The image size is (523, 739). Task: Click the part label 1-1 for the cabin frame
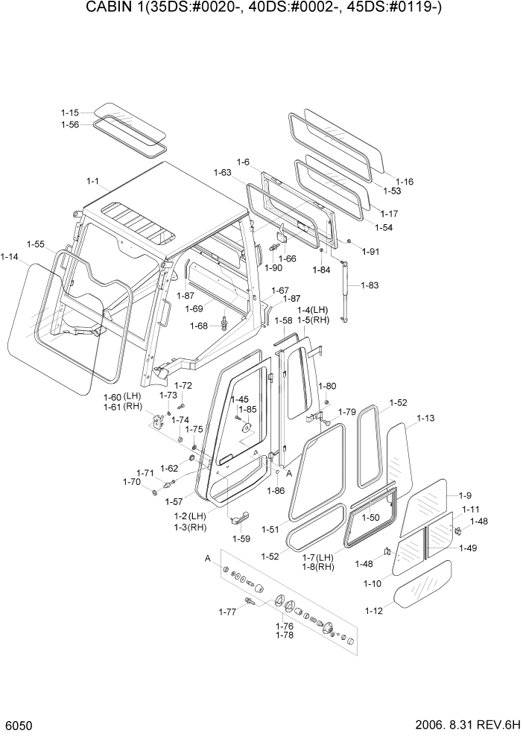(x=93, y=181)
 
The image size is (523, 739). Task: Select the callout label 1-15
(x=70, y=112)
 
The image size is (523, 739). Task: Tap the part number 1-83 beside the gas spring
(x=370, y=285)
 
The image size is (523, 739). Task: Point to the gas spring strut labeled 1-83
(x=343, y=291)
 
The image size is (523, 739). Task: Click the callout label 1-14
(x=10, y=256)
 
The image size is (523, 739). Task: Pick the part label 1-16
(x=405, y=181)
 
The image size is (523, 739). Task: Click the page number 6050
(x=18, y=725)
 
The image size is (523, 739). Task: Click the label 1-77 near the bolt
(x=227, y=612)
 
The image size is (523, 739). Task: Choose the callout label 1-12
(x=374, y=611)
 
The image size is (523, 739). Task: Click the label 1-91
(x=371, y=251)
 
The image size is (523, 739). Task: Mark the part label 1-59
(x=241, y=538)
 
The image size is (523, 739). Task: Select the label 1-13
(x=425, y=419)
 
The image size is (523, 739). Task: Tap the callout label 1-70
(x=132, y=482)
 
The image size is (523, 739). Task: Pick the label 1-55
(x=35, y=244)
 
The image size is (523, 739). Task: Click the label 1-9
(x=465, y=495)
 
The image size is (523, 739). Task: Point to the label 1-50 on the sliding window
(x=370, y=517)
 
